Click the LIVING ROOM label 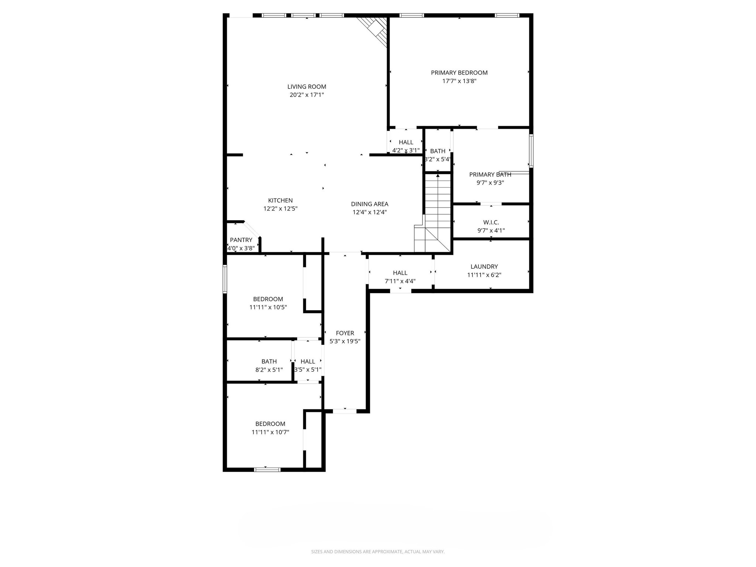click(x=306, y=87)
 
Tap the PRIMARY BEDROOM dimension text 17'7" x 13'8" click(x=459, y=81)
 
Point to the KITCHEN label click(x=280, y=200)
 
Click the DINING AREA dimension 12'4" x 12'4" click(x=370, y=212)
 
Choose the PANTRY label click(x=241, y=240)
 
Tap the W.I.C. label click(x=491, y=222)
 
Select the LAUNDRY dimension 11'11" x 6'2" click(x=484, y=275)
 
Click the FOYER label click(x=345, y=333)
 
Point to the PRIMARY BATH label click(x=490, y=175)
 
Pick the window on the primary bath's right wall click(x=531, y=151)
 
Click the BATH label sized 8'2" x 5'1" click(x=269, y=361)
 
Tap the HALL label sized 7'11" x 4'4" click(x=400, y=273)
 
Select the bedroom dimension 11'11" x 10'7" click(x=270, y=432)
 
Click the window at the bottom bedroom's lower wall click(x=267, y=470)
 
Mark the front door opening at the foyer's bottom click(x=344, y=411)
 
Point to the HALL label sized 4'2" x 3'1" click(x=406, y=142)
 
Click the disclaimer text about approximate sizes click(x=378, y=552)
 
